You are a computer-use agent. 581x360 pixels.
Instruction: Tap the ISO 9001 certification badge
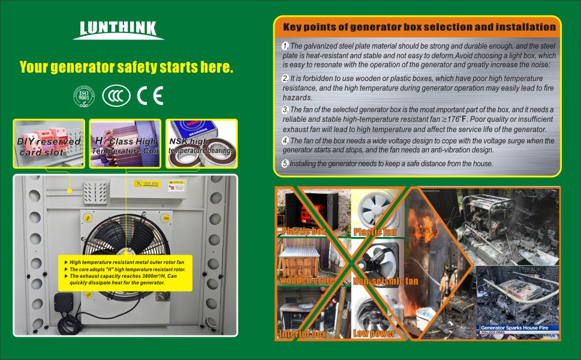[x=84, y=96]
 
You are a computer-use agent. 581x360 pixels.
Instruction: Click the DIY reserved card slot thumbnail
[x=49, y=144]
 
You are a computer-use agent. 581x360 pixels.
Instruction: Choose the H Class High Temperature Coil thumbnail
[x=125, y=144]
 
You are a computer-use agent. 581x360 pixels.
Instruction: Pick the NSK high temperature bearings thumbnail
[x=201, y=144]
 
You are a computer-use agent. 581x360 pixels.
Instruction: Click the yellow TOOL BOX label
[x=146, y=183]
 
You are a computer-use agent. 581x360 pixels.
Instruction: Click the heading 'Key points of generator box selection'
[x=419, y=27]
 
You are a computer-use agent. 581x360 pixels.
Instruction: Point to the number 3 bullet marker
[x=285, y=110]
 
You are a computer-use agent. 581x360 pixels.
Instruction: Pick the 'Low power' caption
[x=373, y=332]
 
